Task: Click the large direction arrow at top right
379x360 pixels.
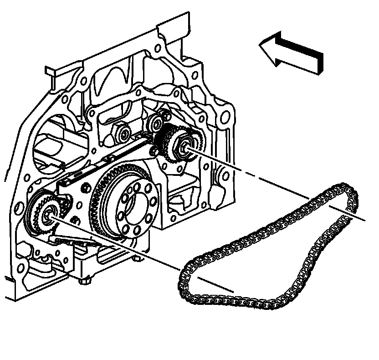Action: click(294, 52)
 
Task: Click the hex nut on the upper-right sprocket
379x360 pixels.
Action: click(183, 146)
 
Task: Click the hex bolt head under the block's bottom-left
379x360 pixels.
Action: click(83, 280)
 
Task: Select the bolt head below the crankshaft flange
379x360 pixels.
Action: click(136, 259)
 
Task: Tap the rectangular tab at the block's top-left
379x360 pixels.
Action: click(51, 71)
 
